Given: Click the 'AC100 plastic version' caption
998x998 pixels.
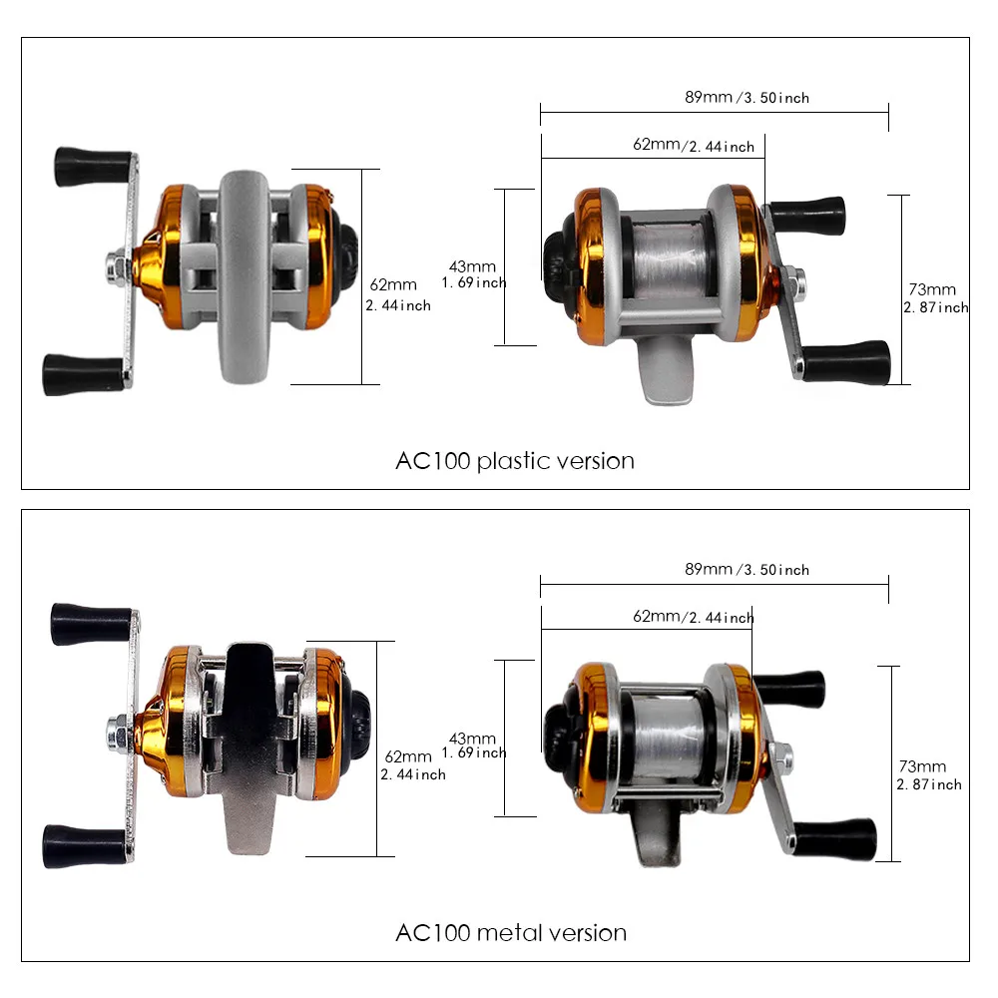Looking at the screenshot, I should pos(515,461).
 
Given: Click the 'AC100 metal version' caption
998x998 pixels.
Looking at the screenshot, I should pos(511,933).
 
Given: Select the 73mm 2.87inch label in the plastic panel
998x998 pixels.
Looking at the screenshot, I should pos(935,298).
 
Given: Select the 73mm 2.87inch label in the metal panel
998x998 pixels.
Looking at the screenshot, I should pos(929,774).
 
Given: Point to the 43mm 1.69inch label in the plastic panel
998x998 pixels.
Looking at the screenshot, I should pos(476,274).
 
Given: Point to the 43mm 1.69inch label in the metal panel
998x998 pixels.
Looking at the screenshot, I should pos(476,746).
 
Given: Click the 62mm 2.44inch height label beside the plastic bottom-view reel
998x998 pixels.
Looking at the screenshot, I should pos(397,294).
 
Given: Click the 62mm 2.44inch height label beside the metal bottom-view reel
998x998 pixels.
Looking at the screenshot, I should pos(411,765).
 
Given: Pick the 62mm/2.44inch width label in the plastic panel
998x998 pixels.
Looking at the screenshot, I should pos(693,146).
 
